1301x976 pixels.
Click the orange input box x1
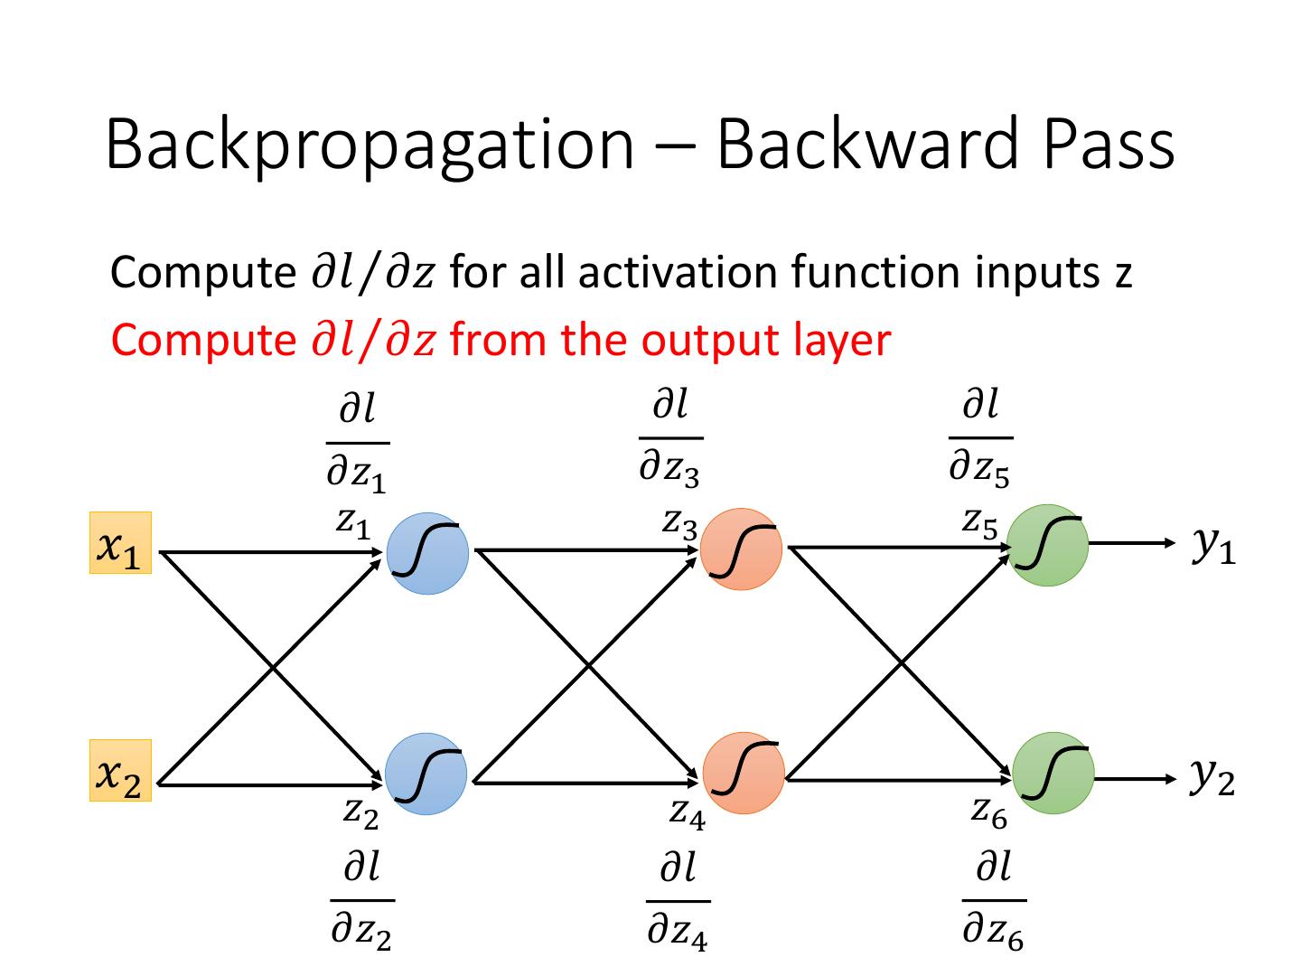pos(120,542)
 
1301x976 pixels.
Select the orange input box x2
pos(120,770)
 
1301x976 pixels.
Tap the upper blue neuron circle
pos(427,553)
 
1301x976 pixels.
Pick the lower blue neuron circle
pos(426,774)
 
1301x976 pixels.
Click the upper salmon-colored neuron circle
pos(741,549)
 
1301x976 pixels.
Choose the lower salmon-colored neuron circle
pos(744,773)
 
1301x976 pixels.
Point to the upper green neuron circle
pos(1047,545)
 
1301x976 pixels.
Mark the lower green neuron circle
pos(1053,773)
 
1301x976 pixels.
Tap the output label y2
pos(1212,776)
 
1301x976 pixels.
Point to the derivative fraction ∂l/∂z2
pos(362,900)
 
